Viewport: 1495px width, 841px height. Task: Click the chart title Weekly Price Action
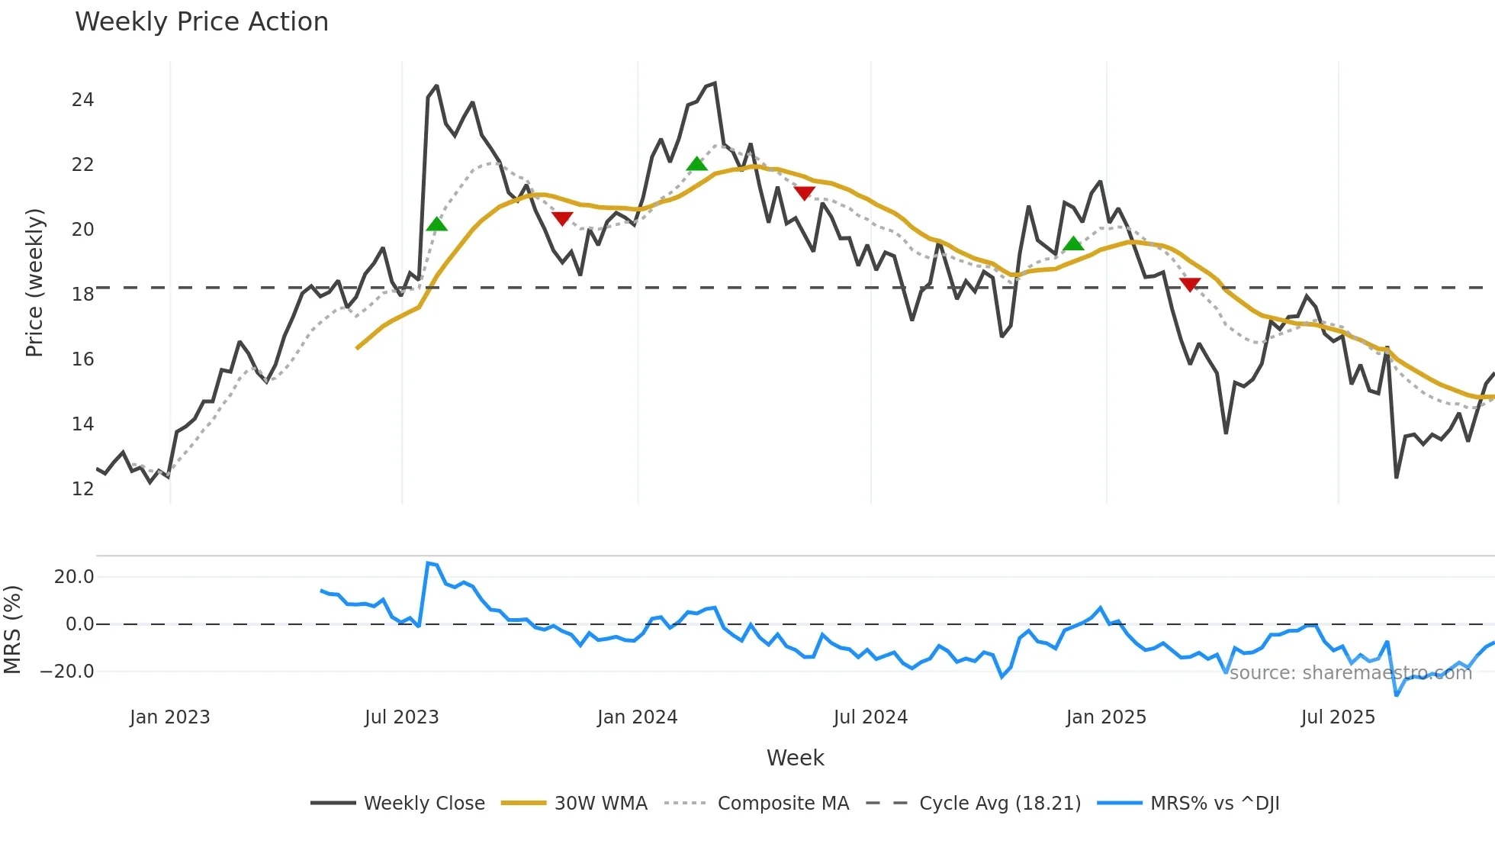201,22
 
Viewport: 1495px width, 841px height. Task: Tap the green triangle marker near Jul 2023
436,224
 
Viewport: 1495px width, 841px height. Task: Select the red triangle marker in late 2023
562,219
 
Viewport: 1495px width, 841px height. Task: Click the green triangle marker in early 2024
696,164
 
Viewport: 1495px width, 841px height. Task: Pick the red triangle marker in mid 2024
804,193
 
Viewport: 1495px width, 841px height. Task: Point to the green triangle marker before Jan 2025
1073,244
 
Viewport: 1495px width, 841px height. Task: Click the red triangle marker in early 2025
1190,285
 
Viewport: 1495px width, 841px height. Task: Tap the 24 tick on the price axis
82,100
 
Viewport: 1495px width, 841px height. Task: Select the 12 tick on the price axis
82,489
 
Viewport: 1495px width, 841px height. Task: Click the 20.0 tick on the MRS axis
74,577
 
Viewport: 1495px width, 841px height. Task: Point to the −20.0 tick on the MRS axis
67,672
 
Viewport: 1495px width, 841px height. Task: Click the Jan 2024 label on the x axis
637,717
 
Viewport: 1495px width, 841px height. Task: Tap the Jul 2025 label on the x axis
1338,717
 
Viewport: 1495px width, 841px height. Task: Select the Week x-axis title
795,758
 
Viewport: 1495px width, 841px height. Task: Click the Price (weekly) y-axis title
34,282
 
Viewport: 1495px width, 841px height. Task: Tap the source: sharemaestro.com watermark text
1350,673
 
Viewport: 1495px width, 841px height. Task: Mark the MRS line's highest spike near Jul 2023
428,563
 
